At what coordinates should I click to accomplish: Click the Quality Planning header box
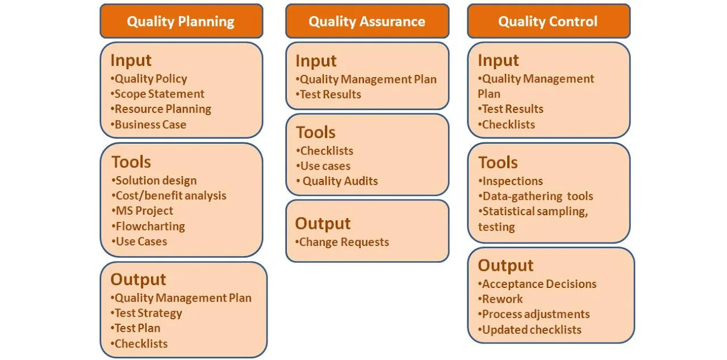(x=181, y=21)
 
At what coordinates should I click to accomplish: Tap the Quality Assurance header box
(x=367, y=21)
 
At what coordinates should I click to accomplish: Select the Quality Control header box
(x=549, y=21)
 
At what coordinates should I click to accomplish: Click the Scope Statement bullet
(x=157, y=94)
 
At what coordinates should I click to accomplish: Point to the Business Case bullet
(x=148, y=124)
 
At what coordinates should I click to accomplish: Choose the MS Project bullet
(x=142, y=211)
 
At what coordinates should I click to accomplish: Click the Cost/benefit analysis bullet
(x=169, y=195)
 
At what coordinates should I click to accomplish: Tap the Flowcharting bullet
(x=148, y=226)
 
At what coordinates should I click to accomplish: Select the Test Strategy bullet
(x=146, y=313)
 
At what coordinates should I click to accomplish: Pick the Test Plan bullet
(x=135, y=328)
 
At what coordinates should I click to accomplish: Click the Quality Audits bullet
(x=337, y=181)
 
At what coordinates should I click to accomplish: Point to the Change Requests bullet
(x=342, y=242)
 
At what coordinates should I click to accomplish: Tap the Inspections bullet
(x=511, y=181)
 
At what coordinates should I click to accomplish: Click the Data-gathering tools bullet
(x=536, y=196)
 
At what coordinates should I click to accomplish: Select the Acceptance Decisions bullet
(x=537, y=284)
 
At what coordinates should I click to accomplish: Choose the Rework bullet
(x=500, y=299)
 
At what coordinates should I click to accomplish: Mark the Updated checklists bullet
(x=530, y=330)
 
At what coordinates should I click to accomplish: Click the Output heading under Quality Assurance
(x=323, y=224)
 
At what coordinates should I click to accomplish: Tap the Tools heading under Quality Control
(x=498, y=162)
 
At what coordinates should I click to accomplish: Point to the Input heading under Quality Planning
(x=131, y=60)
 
